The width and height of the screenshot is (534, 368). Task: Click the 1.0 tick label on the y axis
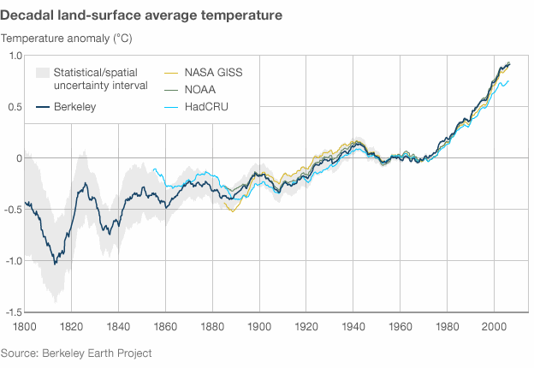point(15,56)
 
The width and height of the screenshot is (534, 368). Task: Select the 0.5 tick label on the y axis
point(15,107)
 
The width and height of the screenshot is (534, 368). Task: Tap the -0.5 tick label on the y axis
point(13,210)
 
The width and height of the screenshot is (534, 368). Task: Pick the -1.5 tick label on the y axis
point(13,312)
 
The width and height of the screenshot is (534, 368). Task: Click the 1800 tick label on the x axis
point(24,326)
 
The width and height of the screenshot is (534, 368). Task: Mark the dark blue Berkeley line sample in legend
point(40,107)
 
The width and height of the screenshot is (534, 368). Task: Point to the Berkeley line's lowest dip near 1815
point(56,264)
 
